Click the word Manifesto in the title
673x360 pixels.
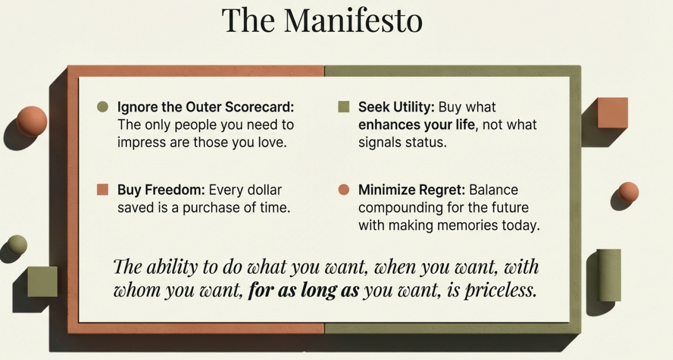click(353, 20)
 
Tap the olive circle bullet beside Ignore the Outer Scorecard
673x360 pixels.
click(103, 107)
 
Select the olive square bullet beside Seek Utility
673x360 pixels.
click(344, 107)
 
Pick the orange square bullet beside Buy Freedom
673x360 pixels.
click(102, 190)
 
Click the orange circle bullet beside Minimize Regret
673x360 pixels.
click(344, 190)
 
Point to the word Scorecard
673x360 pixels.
click(259, 107)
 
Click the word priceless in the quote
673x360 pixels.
click(501, 291)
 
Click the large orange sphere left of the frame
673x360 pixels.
click(31, 121)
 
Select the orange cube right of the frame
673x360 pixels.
click(613, 113)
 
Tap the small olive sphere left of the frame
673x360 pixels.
click(17, 245)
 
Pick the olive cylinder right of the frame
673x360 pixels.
click(609, 275)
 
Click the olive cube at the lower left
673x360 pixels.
click(42, 282)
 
